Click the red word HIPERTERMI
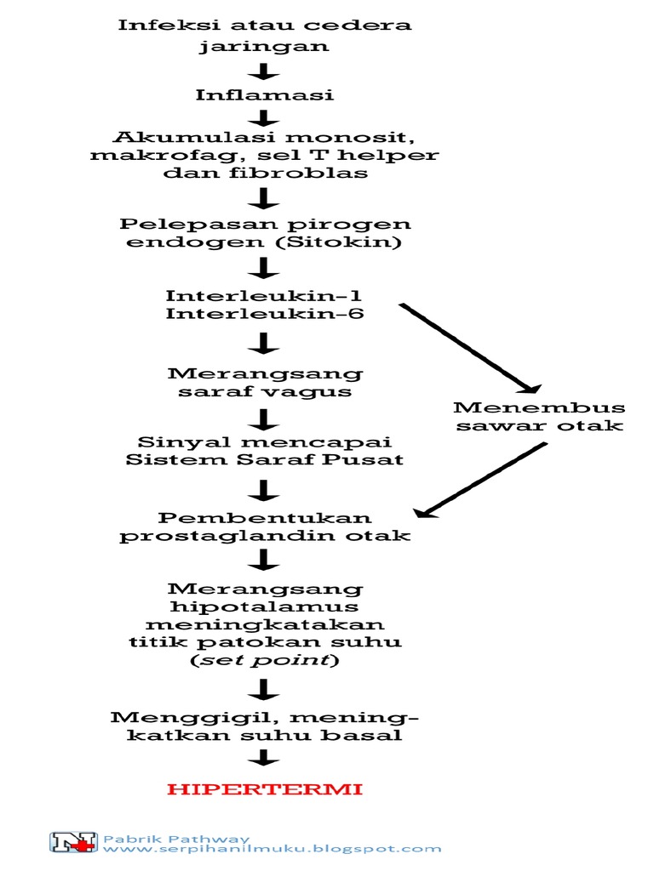[x=265, y=789]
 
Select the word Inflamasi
[x=264, y=94]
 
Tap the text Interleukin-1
[x=263, y=296]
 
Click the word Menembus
[x=539, y=407]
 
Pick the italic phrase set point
[x=264, y=660]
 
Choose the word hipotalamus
[x=264, y=606]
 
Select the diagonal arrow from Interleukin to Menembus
[x=468, y=349]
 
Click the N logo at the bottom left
[x=74, y=842]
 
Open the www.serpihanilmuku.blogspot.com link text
[x=272, y=848]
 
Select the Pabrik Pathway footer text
[x=177, y=837]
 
